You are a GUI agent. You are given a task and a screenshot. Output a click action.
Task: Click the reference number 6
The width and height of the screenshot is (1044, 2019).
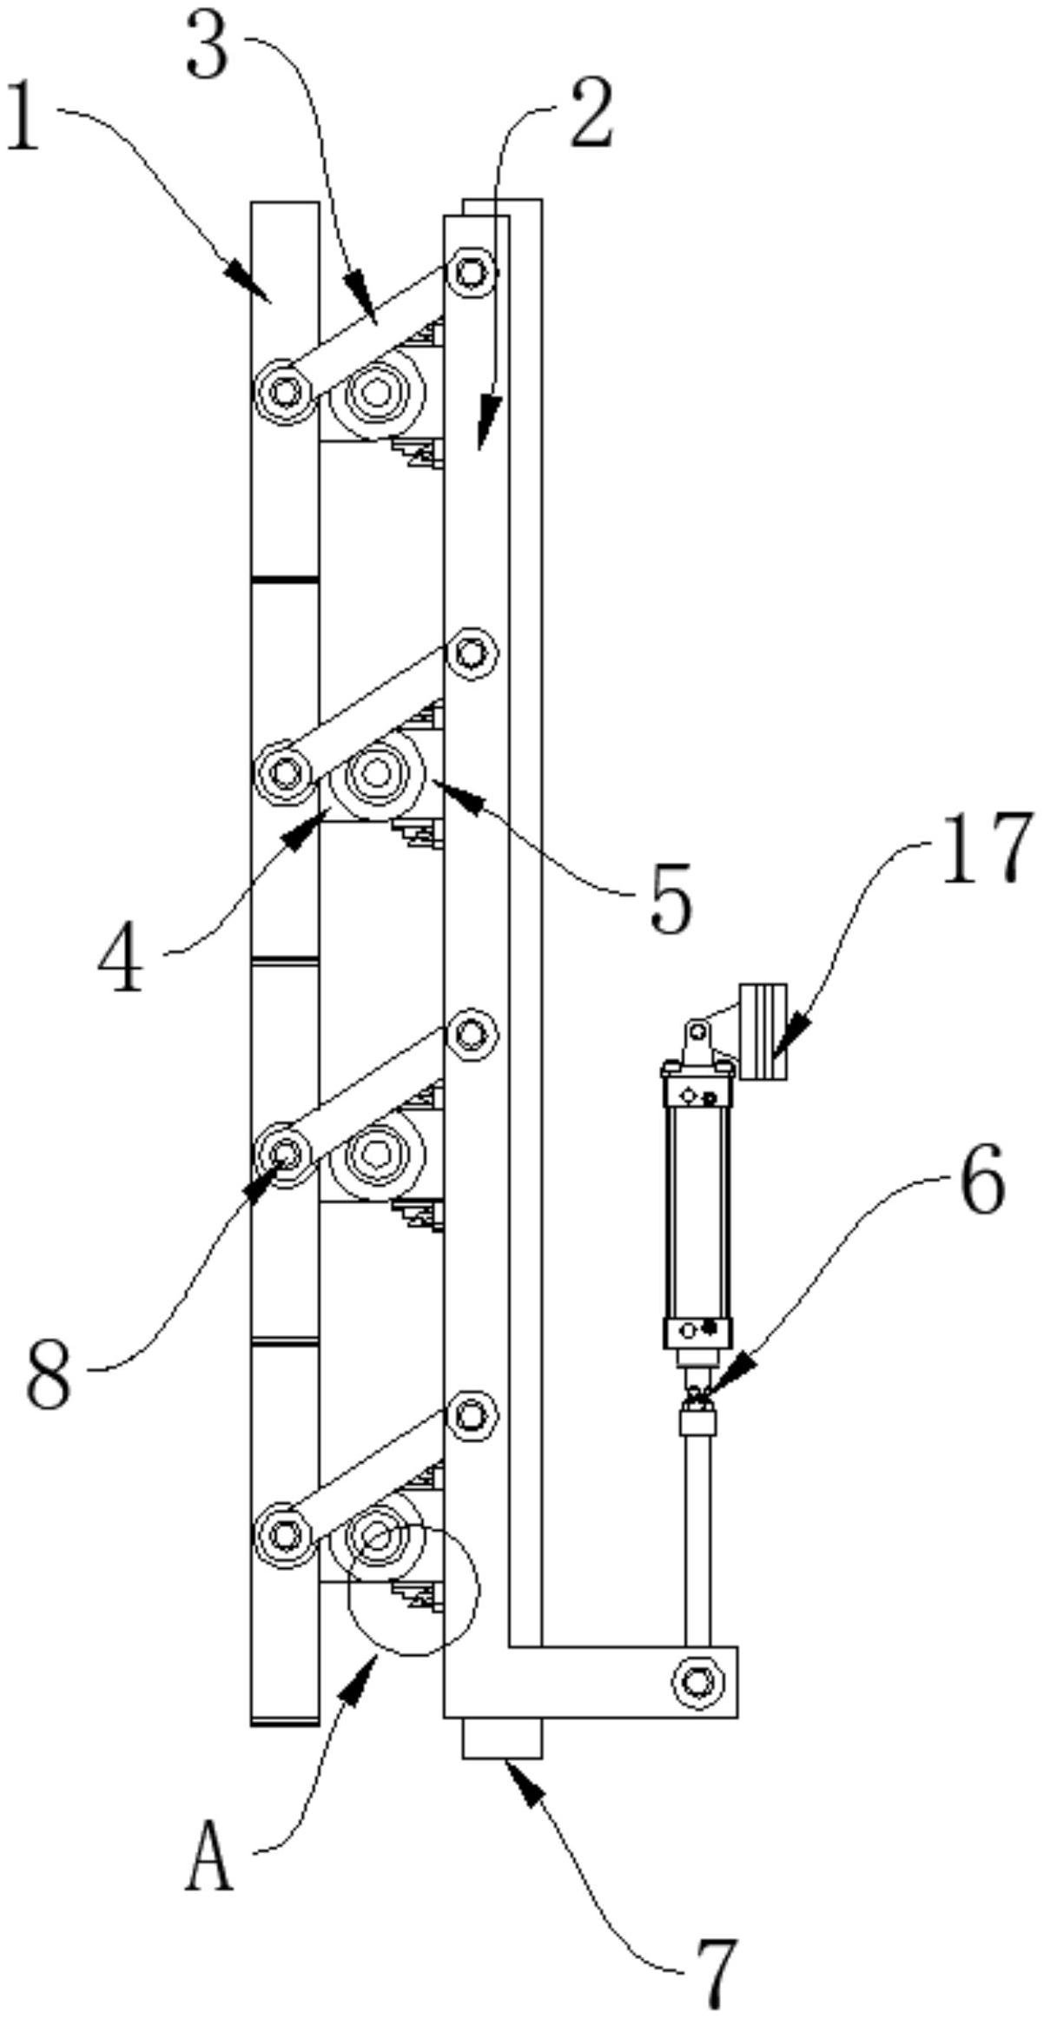click(x=982, y=1182)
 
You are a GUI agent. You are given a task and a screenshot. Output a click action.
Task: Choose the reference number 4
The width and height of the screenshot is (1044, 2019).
click(x=122, y=959)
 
